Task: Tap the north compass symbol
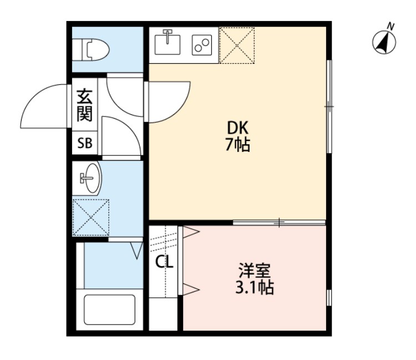(x=384, y=43)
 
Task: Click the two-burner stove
(x=202, y=44)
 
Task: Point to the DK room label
(x=237, y=128)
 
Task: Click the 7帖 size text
(x=237, y=146)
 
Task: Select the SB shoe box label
(x=85, y=144)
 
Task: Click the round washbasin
(x=89, y=178)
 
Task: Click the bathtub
(x=109, y=312)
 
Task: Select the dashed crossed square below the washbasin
(x=91, y=217)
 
